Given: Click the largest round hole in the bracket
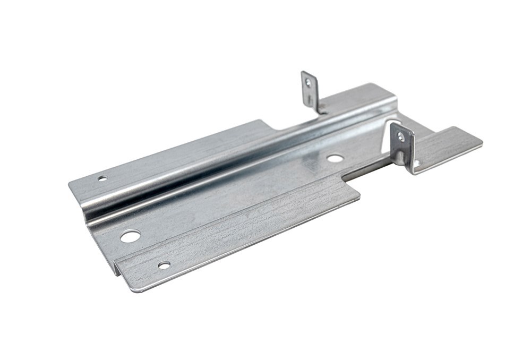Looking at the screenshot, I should [130, 236].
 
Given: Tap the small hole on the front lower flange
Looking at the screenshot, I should [164, 264].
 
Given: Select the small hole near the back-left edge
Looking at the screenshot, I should [102, 178].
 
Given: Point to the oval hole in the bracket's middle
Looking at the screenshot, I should [335, 158].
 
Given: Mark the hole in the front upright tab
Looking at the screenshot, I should [401, 137].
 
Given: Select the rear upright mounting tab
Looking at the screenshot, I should [310, 90].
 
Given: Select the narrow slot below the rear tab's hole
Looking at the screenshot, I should [310, 99].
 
